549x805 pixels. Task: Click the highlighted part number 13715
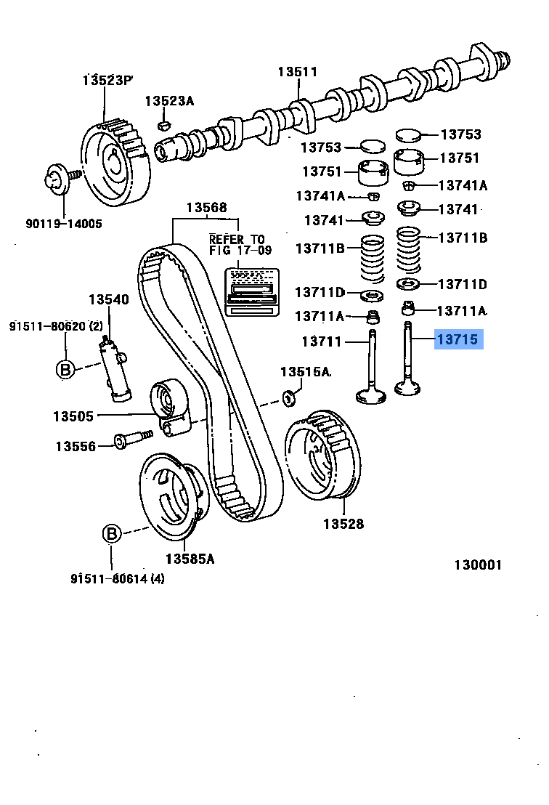pyautogui.click(x=458, y=339)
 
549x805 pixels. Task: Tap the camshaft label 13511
pyautogui.click(x=298, y=71)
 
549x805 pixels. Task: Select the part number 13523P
pyautogui.click(x=108, y=79)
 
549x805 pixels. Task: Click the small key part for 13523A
pyautogui.click(x=164, y=126)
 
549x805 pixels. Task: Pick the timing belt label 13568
pyautogui.click(x=206, y=207)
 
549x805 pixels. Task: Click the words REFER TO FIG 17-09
pyautogui.click(x=237, y=244)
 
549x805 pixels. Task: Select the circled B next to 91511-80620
pyautogui.click(x=65, y=369)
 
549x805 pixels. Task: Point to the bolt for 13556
pyautogui.click(x=131, y=439)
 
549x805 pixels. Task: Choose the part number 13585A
pyautogui.click(x=190, y=559)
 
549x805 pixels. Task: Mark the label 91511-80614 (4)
pyautogui.click(x=118, y=578)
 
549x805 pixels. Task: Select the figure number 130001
pyautogui.click(x=478, y=565)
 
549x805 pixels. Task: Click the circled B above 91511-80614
pyautogui.click(x=111, y=534)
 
